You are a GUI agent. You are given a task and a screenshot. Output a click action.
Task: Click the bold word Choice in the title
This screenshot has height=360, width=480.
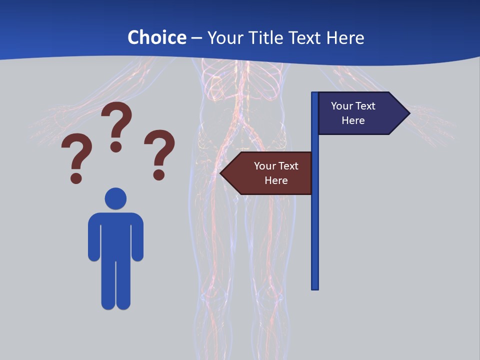(x=156, y=37)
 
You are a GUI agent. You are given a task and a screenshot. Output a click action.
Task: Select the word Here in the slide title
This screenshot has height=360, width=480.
(x=345, y=37)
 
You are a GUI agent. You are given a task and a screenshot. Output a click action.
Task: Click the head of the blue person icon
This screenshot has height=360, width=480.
(x=115, y=198)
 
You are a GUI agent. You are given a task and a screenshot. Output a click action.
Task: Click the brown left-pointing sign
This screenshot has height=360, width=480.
(x=270, y=173)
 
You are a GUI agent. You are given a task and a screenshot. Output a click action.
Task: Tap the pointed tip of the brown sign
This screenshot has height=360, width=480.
(x=221, y=173)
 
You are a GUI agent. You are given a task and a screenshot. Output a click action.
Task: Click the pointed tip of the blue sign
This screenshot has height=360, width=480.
(x=408, y=113)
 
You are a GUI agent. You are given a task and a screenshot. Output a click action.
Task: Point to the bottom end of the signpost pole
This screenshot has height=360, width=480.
(x=315, y=287)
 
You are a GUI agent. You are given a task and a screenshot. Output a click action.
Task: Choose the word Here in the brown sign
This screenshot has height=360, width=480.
(x=276, y=180)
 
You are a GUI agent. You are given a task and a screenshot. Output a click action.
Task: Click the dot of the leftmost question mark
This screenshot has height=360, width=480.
(x=76, y=177)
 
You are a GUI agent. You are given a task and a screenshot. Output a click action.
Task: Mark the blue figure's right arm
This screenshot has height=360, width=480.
(x=137, y=237)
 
